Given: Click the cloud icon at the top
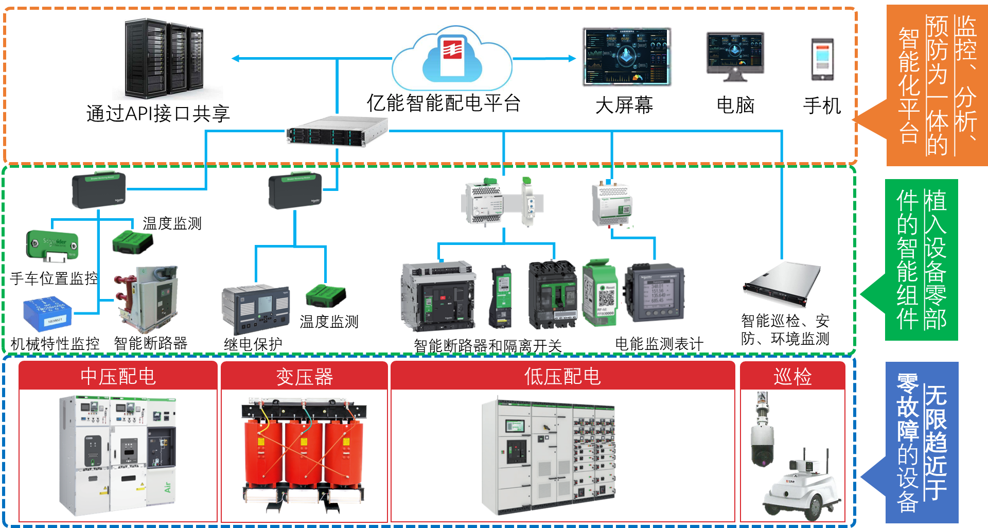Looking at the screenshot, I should tap(452, 58).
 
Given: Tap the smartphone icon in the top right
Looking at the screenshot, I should tap(822, 59).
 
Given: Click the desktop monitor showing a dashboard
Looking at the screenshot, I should tap(735, 57).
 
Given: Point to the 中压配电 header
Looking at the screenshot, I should tap(118, 376).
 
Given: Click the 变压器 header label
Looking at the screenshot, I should tap(304, 377).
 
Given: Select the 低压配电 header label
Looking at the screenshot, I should tap(562, 376).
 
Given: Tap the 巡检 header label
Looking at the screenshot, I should tap(792, 376).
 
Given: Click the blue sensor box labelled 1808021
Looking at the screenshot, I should tap(47, 313).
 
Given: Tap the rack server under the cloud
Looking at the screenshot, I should tap(337, 131).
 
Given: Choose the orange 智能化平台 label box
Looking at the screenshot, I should tap(937, 85).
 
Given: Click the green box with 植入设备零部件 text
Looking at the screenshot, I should tap(921, 259).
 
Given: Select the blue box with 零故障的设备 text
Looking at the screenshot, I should tap(922, 443).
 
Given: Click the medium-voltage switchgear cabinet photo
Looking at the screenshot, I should tap(118, 455).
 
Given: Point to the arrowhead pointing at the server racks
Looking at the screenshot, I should tap(235, 58).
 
